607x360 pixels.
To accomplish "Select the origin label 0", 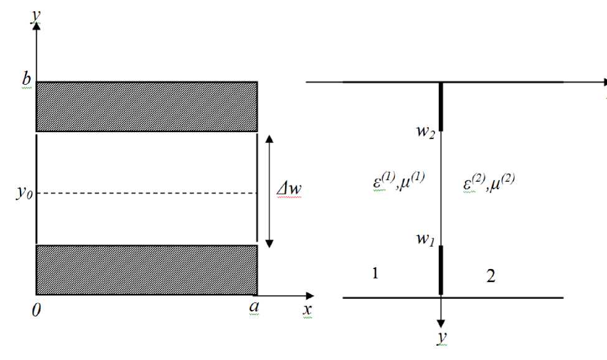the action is (37, 310).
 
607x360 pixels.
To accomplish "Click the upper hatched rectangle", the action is (147, 106).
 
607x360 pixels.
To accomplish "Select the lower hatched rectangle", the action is (147, 269).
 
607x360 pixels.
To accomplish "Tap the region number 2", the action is (491, 277).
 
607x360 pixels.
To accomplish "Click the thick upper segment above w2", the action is (441, 106).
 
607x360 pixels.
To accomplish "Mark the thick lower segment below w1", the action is (441, 269).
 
